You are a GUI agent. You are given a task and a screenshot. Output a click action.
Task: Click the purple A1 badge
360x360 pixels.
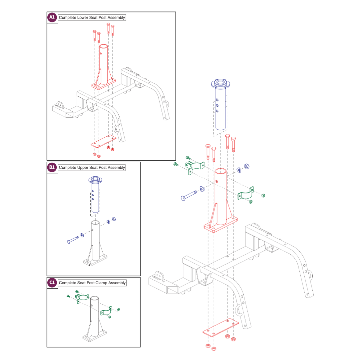(x=52, y=17)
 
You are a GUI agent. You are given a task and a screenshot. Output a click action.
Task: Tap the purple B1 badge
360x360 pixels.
(x=52, y=167)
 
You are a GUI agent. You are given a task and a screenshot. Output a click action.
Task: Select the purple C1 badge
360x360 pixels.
(x=52, y=283)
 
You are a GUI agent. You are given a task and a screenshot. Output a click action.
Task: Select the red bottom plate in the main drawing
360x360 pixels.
(x=221, y=327)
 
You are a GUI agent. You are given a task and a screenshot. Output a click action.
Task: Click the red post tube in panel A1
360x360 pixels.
(x=104, y=63)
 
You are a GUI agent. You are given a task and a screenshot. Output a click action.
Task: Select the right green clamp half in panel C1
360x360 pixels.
(x=106, y=313)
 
